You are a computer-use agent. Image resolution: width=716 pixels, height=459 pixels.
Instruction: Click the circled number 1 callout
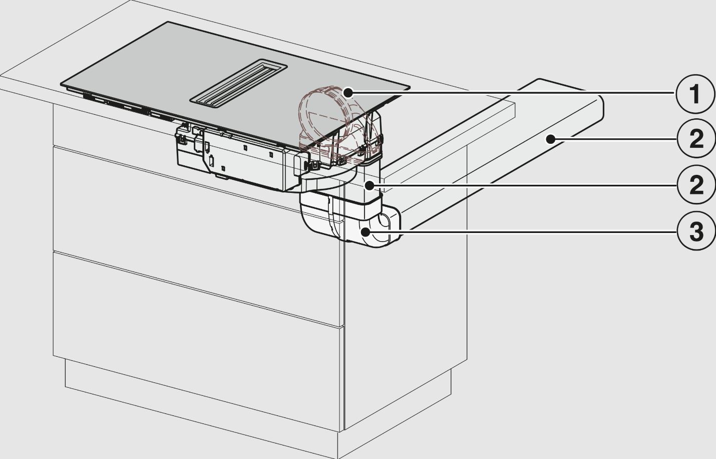click(696, 94)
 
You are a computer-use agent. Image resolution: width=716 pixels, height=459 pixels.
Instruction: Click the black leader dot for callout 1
click(348, 93)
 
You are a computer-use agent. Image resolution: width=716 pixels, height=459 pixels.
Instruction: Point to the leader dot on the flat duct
click(550, 139)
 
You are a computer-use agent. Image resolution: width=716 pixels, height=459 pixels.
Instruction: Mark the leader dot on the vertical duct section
click(370, 184)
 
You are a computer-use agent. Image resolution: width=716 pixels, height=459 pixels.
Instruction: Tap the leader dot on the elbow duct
click(365, 232)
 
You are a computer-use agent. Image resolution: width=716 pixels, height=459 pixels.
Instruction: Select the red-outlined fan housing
click(332, 118)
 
